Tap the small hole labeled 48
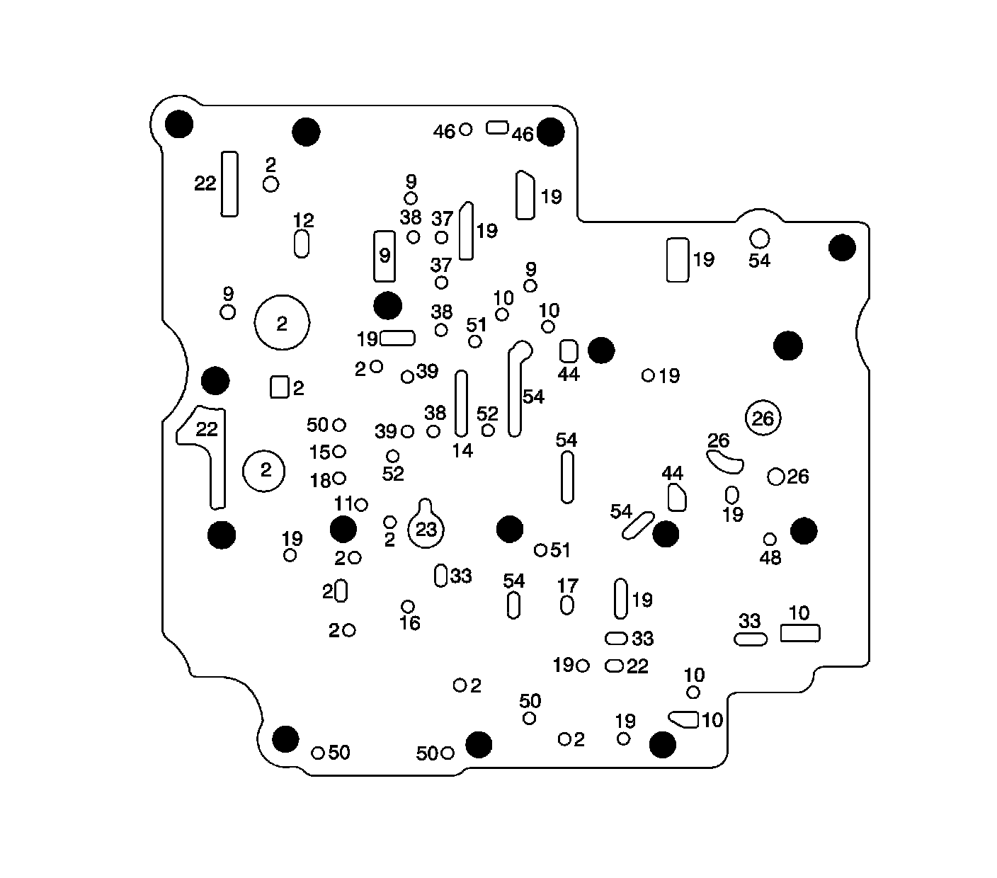pyautogui.click(x=770, y=540)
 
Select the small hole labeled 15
pyautogui.click(x=339, y=452)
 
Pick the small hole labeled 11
pyautogui.click(x=361, y=505)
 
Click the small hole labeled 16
pyautogui.click(x=408, y=607)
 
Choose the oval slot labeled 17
pyautogui.click(x=566, y=605)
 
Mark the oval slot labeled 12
pyautogui.click(x=302, y=244)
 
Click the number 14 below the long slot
pyautogui.click(x=462, y=450)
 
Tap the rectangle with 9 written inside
pyautogui.click(x=384, y=256)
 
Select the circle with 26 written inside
pyautogui.click(x=763, y=418)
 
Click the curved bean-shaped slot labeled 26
pyautogui.click(x=725, y=463)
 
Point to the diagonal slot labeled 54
pyautogui.click(x=637, y=525)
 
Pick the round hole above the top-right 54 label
pyautogui.click(x=759, y=237)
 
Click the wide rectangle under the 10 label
pyautogui.click(x=800, y=633)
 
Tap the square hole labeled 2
pyautogui.click(x=280, y=387)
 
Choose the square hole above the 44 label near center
pyautogui.click(x=569, y=351)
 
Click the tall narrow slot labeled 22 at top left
pyautogui.click(x=229, y=183)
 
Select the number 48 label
pyautogui.click(x=770, y=558)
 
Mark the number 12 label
pyautogui.click(x=304, y=220)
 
